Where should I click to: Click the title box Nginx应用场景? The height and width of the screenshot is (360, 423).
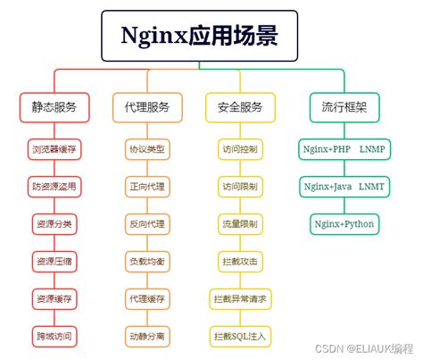[198, 36]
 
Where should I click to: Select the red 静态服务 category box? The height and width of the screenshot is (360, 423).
[54, 107]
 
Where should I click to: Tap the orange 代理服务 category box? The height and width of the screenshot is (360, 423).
[147, 107]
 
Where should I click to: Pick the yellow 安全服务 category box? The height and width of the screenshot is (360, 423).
[240, 107]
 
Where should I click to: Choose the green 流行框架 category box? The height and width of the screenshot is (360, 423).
[344, 107]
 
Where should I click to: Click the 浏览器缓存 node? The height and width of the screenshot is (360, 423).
[54, 149]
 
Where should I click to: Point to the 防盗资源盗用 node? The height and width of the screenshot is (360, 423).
[54, 187]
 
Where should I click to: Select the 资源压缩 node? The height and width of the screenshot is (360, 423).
[54, 261]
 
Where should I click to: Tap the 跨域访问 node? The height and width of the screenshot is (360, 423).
[54, 336]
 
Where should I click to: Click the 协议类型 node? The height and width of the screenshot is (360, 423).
[147, 149]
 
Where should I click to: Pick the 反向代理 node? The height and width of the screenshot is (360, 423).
[147, 224]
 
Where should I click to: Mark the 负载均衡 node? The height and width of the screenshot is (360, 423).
[147, 261]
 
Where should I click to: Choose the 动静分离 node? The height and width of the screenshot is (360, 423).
[147, 336]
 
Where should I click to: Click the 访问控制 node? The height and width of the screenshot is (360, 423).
[240, 149]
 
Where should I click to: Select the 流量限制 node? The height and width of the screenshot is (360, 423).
[240, 224]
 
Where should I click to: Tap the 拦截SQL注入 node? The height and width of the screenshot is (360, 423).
[240, 336]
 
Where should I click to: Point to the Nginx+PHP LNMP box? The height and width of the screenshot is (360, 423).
[344, 149]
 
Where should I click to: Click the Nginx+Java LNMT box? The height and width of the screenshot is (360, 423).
[344, 187]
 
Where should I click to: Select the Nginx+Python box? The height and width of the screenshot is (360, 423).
[344, 223]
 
